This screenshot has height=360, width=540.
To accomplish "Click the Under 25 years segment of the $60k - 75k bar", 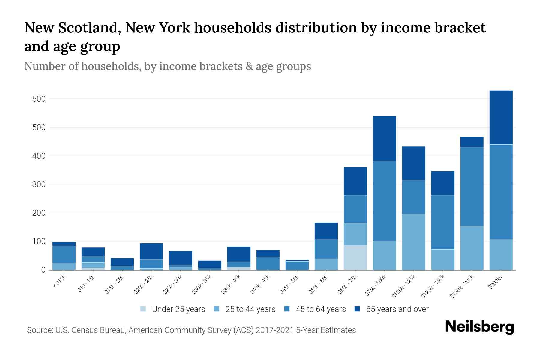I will [355, 257].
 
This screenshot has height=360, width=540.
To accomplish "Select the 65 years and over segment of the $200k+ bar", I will [501, 117].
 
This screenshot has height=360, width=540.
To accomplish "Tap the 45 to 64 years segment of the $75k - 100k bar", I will [385, 201].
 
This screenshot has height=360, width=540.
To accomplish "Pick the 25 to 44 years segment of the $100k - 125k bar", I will [414, 242].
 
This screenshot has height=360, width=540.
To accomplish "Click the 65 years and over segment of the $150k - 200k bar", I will [472, 142].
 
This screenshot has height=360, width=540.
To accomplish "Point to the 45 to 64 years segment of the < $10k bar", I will [64, 255].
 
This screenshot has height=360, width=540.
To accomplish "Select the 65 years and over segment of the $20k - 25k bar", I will [151, 251].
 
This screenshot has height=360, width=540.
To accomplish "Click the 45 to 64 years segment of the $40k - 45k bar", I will [268, 263].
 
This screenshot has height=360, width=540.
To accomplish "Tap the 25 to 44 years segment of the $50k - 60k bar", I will [326, 264].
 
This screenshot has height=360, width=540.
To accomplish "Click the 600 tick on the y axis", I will [39, 99].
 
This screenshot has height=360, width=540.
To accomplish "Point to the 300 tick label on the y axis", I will [39, 184].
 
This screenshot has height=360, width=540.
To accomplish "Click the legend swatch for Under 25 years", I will [143, 309].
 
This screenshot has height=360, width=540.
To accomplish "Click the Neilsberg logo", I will [480, 327].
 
